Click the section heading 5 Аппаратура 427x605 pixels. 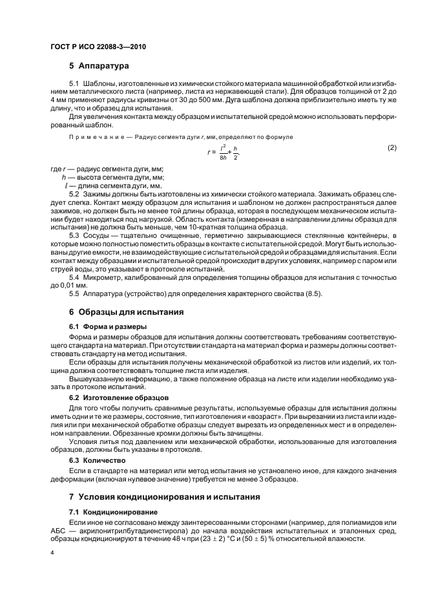click(99, 66)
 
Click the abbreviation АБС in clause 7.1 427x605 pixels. click(59, 531)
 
